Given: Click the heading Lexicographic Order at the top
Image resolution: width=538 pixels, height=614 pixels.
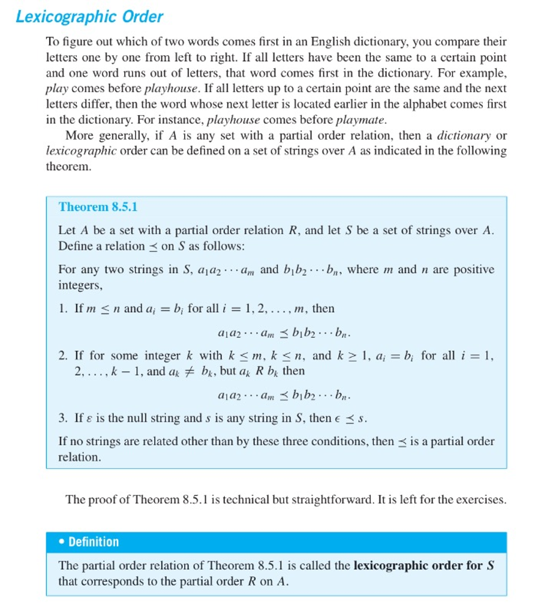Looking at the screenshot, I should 89,17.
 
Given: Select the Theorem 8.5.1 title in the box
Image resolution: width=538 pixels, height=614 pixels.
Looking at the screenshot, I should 98,207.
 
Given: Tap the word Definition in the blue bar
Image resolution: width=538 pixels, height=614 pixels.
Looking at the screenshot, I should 94,542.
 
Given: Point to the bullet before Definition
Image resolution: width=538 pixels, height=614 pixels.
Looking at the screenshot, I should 62,542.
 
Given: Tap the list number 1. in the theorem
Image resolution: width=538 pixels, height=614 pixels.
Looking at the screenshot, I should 63,309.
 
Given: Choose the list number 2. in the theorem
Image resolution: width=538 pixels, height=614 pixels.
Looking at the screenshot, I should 63,356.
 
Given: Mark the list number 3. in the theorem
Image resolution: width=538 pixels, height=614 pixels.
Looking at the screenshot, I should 63,419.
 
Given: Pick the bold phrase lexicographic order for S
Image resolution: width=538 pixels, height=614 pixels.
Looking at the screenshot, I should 423,565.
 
